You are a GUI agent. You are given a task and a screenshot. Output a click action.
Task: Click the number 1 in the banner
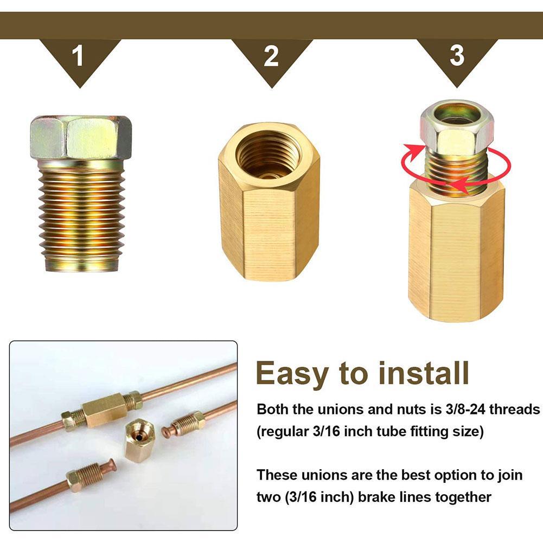click(x=79, y=56)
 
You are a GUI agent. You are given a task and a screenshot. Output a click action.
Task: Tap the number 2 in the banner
click(x=271, y=56)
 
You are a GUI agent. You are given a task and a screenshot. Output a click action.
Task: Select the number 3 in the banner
click(x=457, y=56)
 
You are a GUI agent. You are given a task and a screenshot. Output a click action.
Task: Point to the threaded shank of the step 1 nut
click(x=81, y=217)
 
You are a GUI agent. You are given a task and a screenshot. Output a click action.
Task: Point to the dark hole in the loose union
click(x=140, y=433)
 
